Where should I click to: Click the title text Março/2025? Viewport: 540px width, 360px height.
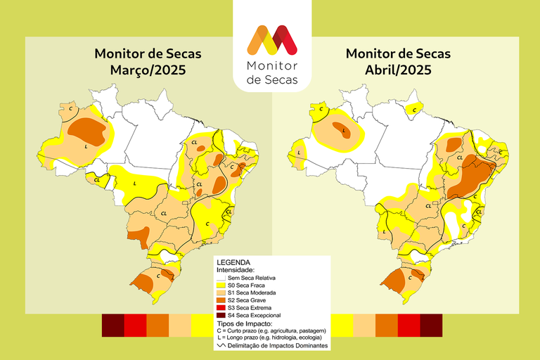[x=148, y=71]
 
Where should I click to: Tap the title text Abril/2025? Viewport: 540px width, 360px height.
[x=398, y=71]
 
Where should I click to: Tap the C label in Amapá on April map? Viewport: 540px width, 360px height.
[x=416, y=109]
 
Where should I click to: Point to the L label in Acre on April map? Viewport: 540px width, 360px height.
[x=300, y=153]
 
